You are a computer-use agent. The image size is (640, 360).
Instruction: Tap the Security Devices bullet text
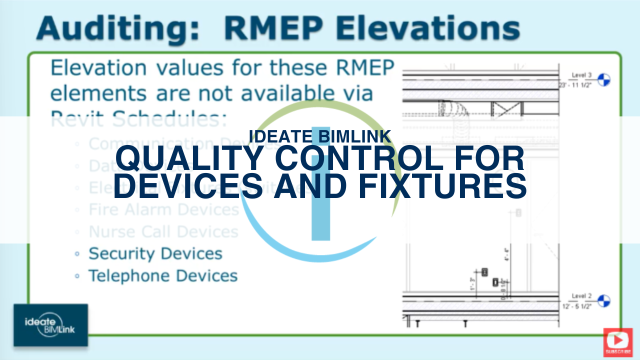pyautogui.click(x=155, y=253)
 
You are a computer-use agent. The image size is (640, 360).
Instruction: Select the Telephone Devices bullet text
pyautogui.click(x=162, y=275)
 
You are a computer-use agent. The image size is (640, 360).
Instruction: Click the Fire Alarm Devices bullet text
pyautogui.click(x=163, y=209)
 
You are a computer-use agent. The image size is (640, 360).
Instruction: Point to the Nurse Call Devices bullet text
pyautogui.click(x=163, y=231)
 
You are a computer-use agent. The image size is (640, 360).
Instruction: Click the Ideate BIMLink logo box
pyautogui.click(x=50, y=325)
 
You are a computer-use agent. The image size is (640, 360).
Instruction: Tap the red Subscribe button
pyautogui.click(x=618, y=342)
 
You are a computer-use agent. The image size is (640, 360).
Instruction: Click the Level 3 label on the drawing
pyautogui.click(x=581, y=75)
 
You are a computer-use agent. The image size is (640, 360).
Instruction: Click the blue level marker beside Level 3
pyautogui.click(x=604, y=79)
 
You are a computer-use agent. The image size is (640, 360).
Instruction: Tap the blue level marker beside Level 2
pyautogui.click(x=604, y=300)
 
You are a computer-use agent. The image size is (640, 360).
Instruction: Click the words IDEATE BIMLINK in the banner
pyautogui.click(x=319, y=135)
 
